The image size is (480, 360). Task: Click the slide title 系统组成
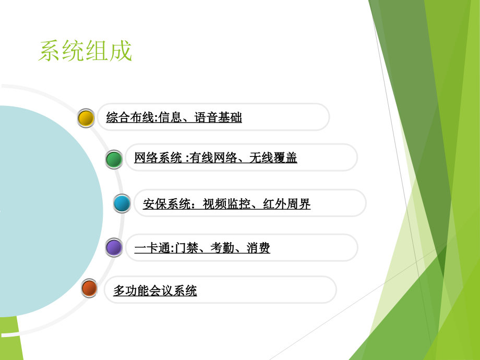(85, 52)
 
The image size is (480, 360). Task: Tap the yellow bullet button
(86, 118)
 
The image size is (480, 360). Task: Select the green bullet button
(114, 159)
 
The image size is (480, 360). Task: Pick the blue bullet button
(122, 203)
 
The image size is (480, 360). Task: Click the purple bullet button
(114, 247)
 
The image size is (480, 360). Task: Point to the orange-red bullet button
(89, 288)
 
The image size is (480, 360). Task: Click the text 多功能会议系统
(155, 291)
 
